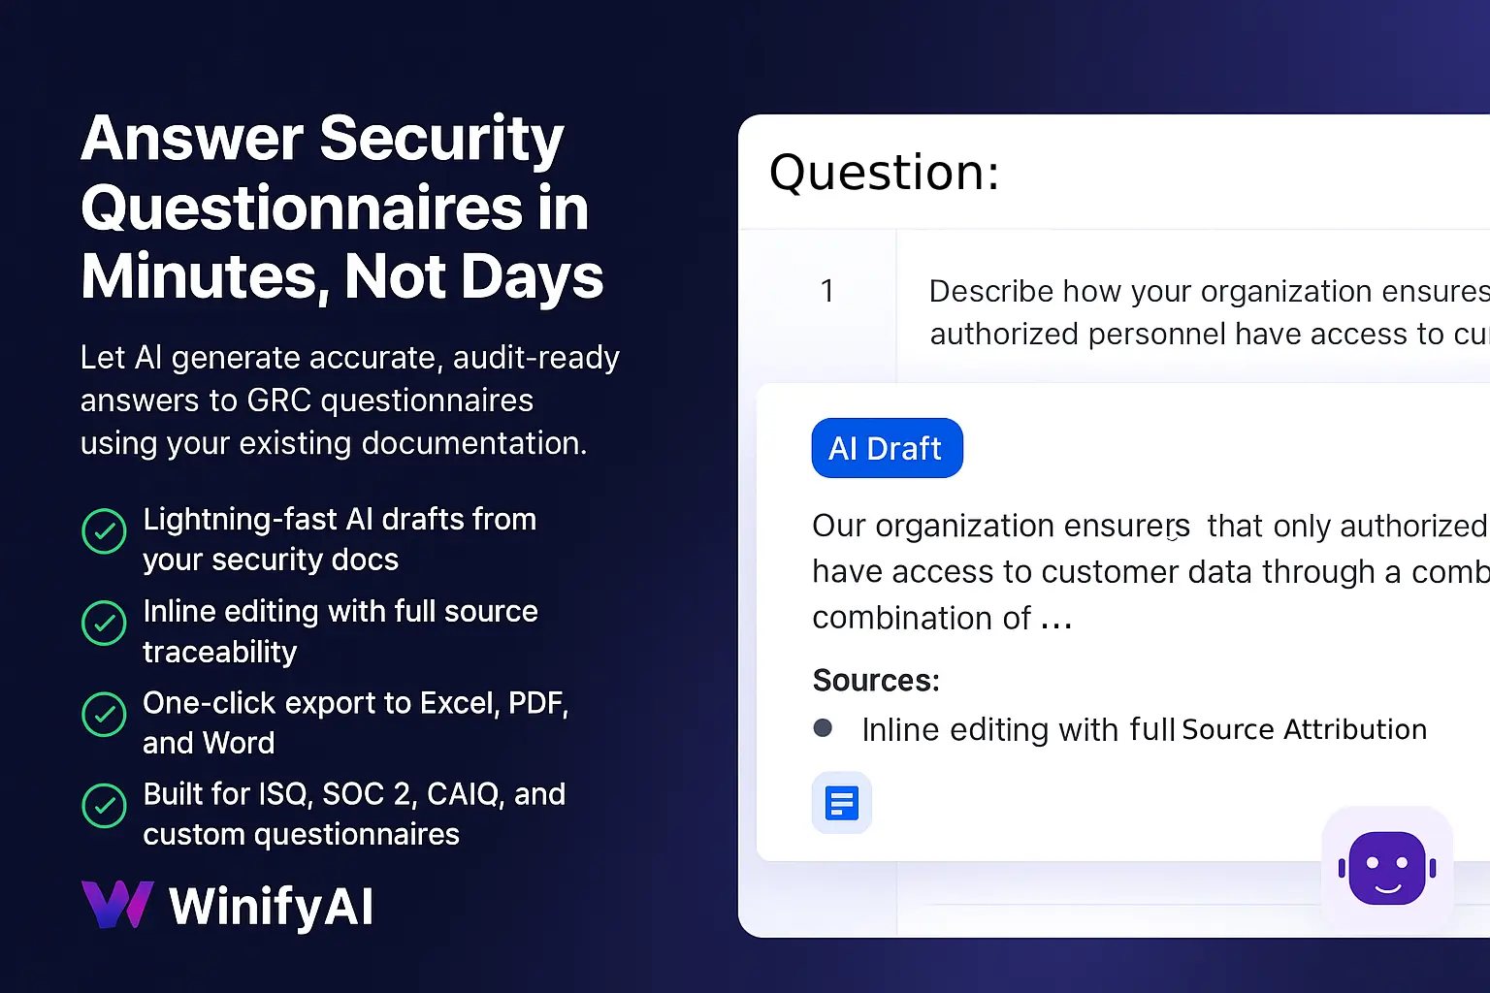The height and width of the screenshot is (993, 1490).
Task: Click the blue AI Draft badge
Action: pos(887,448)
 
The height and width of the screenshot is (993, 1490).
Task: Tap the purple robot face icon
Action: pos(1387,868)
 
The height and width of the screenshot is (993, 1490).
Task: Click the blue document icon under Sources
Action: pos(841,803)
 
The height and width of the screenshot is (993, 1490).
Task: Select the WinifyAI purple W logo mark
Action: pos(117,904)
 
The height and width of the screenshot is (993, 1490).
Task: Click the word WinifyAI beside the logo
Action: pos(271,907)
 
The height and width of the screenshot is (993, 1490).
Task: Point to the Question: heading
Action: pos(884,173)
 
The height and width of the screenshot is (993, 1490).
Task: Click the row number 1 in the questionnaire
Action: pos(826,291)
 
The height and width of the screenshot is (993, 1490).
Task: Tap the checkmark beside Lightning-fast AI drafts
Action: pos(104,530)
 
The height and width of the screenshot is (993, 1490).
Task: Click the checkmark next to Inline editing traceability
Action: pos(104,623)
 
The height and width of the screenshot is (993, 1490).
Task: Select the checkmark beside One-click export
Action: pos(104,715)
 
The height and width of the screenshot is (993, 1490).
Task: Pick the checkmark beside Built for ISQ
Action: pos(104,806)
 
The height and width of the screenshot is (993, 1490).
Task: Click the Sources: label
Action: pos(876,681)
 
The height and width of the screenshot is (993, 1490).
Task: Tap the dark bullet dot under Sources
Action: pos(823,727)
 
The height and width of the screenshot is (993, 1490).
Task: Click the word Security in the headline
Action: pos(441,139)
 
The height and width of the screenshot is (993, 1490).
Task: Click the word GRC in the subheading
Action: pos(278,400)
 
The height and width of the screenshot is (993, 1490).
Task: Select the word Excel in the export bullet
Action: pos(460,703)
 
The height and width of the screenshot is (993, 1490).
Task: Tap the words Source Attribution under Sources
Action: pos(1305,729)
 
